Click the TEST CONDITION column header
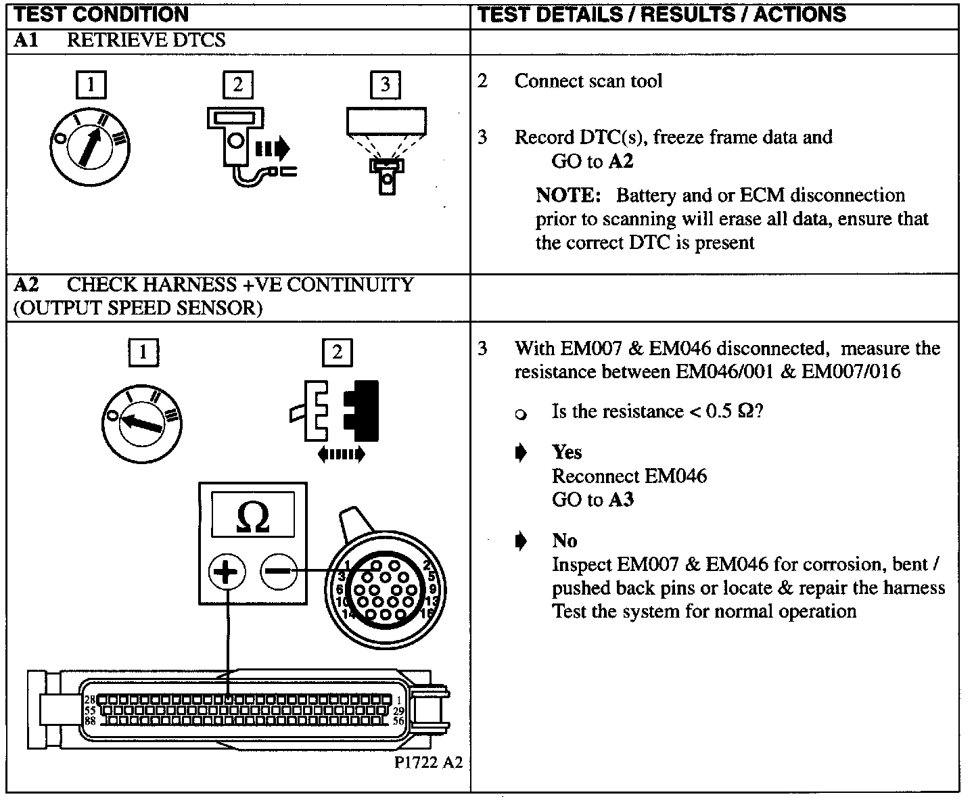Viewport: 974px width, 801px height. pyautogui.click(x=101, y=14)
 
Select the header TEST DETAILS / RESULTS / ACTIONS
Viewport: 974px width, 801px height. pyautogui.click(x=662, y=14)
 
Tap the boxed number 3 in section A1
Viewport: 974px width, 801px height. pyautogui.click(x=385, y=85)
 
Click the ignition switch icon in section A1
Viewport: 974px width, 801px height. pyautogui.click(x=90, y=146)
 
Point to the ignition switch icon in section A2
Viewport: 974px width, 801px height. pyautogui.click(x=142, y=423)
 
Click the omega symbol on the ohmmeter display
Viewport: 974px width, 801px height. pyautogui.click(x=253, y=516)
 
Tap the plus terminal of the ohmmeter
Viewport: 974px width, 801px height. pyautogui.click(x=227, y=572)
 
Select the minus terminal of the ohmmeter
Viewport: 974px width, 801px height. pyautogui.click(x=279, y=572)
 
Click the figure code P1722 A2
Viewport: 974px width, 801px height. pyautogui.click(x=429, y=762)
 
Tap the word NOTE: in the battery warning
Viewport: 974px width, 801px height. pyautogui.click(x=568, y=196)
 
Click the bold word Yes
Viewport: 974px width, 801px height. pyautogui.click(x=567, y=452)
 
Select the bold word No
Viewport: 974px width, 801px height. pyautogui.click(x=565, y=541)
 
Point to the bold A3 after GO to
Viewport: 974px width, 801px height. pyautogui.click(x=622, y=500)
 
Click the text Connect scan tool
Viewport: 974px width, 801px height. pyautogui.click(x=588, y=81)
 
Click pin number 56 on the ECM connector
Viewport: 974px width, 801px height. pyautogui.click(x=398, y=721)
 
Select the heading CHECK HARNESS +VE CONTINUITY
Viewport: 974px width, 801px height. pyautogui.click(x=240, y=285)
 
